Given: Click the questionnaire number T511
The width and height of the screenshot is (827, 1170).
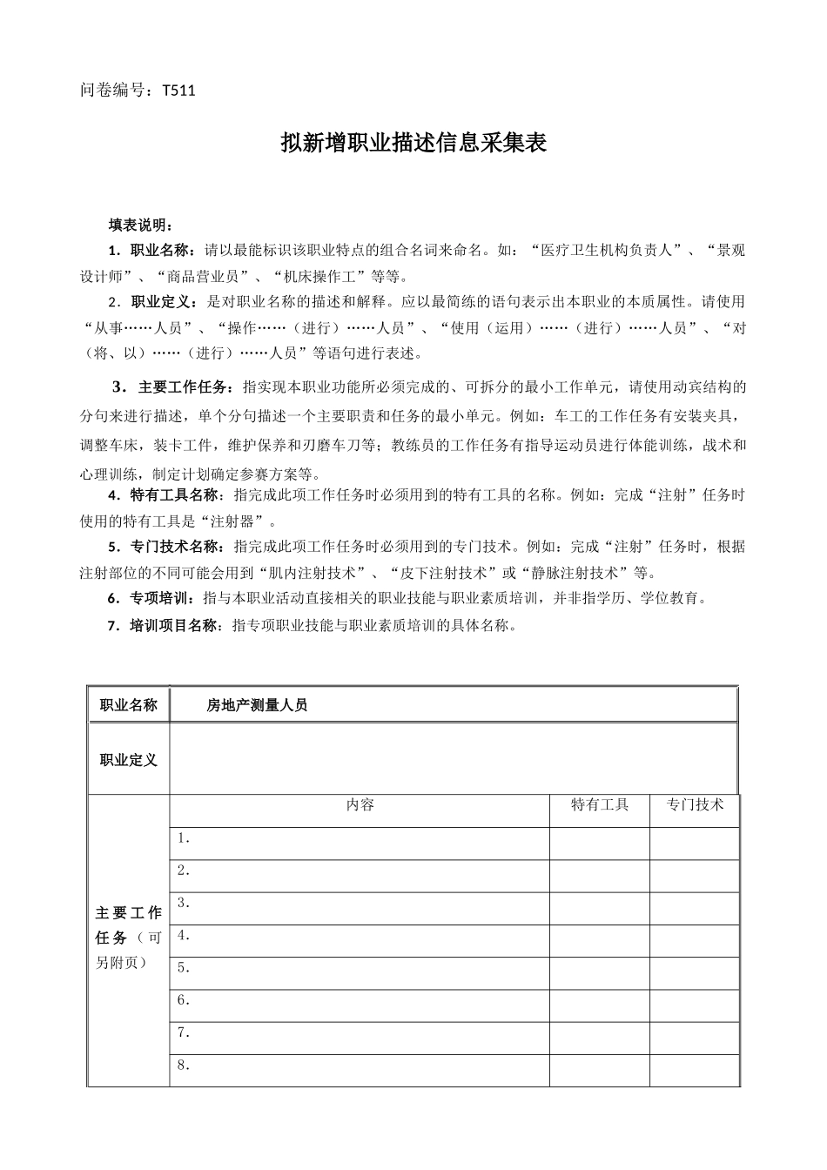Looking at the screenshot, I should click(x=178, y=90).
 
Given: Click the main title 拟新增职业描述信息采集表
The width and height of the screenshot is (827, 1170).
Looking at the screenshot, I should click(x=413, y=144).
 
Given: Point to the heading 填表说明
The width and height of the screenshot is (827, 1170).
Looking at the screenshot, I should click(x=140, y=225).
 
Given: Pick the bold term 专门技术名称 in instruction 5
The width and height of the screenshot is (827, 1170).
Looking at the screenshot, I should click(x=177, y=548).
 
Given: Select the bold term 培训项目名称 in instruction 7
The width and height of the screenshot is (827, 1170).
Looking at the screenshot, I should click(x=177, y=625).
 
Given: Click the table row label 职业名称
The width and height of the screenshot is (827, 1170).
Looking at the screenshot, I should click(x=129, y=705).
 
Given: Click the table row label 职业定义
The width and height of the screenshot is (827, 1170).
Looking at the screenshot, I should click(x=129, y=760).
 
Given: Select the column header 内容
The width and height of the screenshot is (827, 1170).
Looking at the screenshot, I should click(x=360, y=805).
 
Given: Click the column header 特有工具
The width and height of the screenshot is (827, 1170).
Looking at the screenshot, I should click(x=599, y=805).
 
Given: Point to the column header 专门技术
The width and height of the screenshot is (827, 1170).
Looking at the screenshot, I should click(x=695, y=805).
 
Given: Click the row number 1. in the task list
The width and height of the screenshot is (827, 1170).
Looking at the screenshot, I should click(x=184, y=838).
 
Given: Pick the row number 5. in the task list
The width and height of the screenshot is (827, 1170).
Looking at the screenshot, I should click(x=184, y=967).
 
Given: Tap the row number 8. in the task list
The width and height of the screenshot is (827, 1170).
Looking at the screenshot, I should click(x=184, y=1065).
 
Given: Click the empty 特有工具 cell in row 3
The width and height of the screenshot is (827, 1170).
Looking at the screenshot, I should click(x=599, y=908).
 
